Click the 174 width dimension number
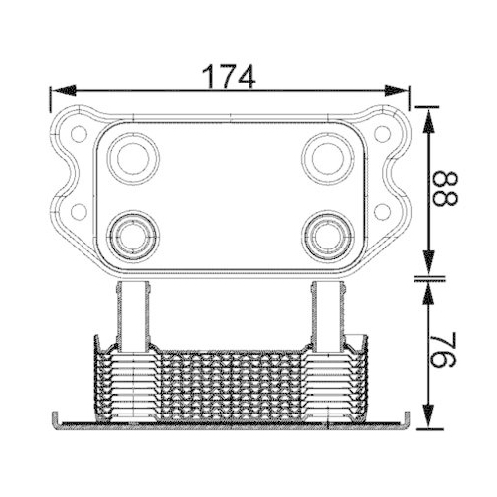pos(230,77)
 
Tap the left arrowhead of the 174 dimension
pos(63,90)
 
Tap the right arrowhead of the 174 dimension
pos(397,90)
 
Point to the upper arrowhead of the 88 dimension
pos(429,121)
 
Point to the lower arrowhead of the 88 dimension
pos(429,263)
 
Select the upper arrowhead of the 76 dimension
pos(429,294)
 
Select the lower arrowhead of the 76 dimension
pos(429,415)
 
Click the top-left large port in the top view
pos(133,159)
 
